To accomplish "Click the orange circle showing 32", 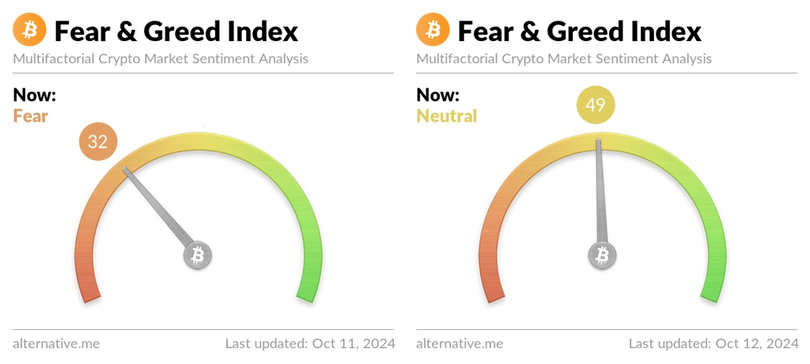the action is pyautogui.click(x=98, y=141).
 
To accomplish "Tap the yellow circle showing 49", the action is pyautogui.click(x=595, y=105).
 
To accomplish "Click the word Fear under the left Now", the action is pyautogui.click(x=31, y=116).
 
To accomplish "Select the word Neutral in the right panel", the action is pyautogui.click(x=447, y=116).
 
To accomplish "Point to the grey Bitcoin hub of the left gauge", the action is pyautogui.click(x=198, y=255).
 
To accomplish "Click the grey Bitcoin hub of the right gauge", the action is pyautogui.click(x=602, y=255).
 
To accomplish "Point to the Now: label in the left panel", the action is pyautogui.click(x=35, y=96).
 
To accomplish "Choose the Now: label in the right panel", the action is pyautogui.click(x=438, y=96).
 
